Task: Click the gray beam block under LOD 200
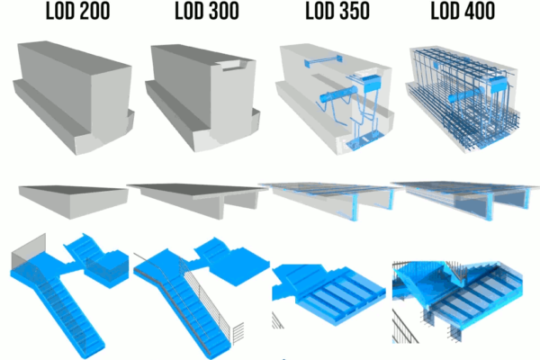coord(72,94)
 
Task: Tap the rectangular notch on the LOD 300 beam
coord(232,64)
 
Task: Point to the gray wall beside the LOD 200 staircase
coord(23,252)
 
